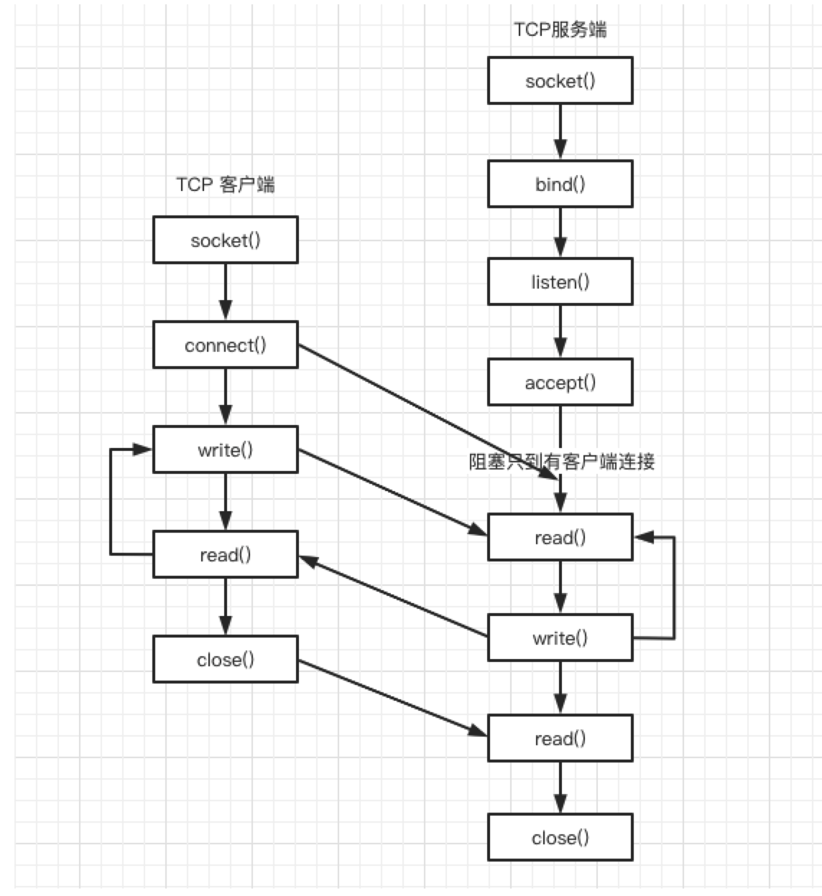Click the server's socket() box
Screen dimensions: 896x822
point(560,81)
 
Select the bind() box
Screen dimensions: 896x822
point(560,185)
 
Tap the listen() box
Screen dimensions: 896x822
point(560,282)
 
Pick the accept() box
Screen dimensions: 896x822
point(560,383)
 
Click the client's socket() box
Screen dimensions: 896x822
point(225,241)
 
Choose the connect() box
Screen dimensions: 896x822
point(225,345)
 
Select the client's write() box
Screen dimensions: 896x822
point(225,450)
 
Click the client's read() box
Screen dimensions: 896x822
point(225,555)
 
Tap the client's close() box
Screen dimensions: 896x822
point(225,660)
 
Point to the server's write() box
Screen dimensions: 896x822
point(560,638)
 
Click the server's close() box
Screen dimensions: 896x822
point(560,838)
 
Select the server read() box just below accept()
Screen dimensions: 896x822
point(560,538)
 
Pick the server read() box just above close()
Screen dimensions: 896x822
point(560,739)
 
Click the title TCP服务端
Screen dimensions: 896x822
point(560,29)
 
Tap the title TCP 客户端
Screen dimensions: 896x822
point(225,185)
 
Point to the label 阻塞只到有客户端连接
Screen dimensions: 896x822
point(561,462)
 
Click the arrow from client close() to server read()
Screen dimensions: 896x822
point(392,697)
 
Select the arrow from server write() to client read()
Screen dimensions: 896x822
point(392,596)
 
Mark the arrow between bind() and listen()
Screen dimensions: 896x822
point(560,233)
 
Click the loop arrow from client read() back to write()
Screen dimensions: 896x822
point(111,503)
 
